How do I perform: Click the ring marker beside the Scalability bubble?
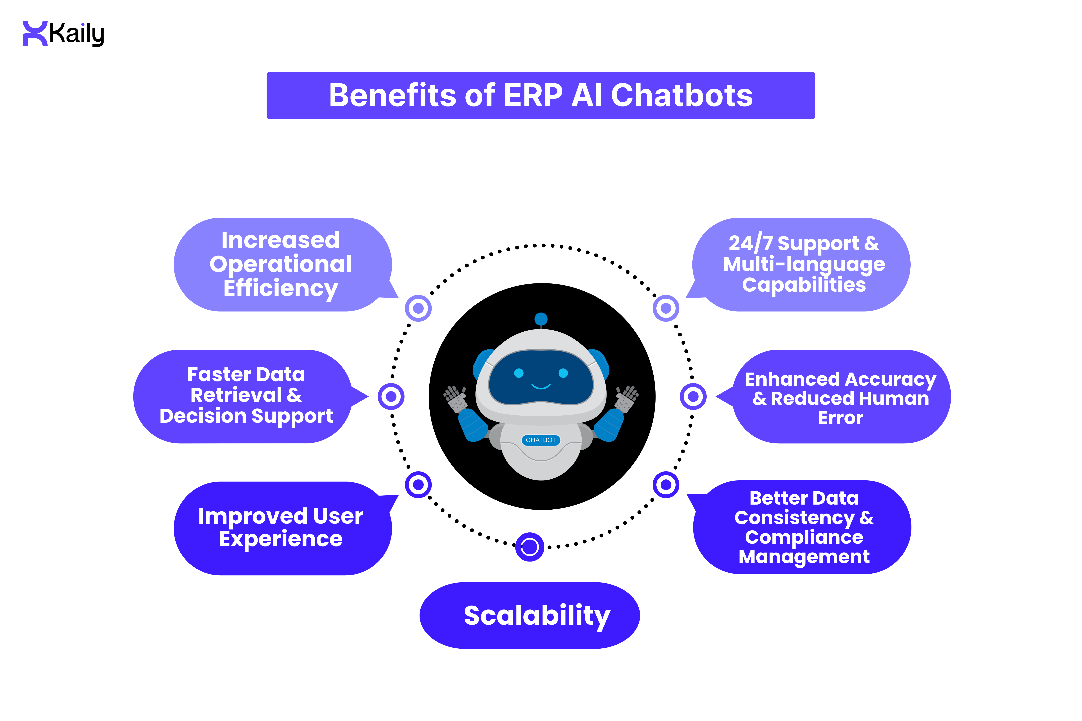530,547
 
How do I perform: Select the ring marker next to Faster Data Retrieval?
391,396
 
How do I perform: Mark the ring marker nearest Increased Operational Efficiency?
418,308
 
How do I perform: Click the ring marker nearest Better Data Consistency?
665,484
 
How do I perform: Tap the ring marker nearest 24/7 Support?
665,308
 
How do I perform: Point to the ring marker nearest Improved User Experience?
418,484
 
